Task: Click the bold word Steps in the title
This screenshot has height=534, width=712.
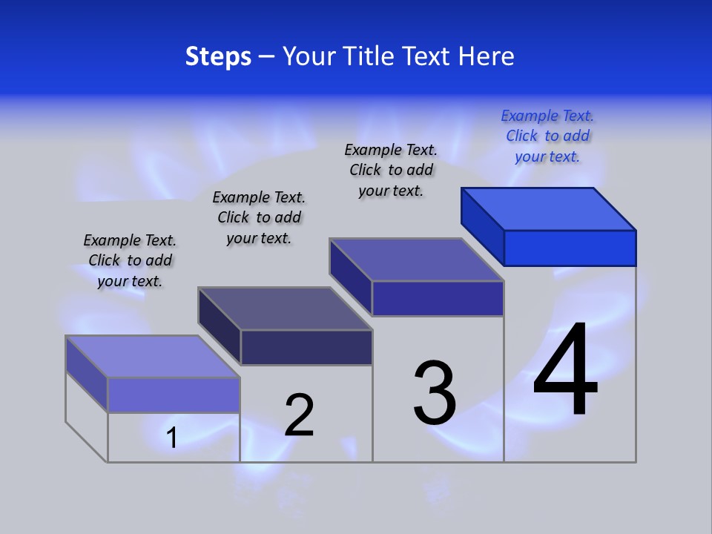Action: coord(217,56)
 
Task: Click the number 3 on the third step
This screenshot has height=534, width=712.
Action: coord(435,392)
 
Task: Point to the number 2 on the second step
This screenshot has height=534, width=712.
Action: coord(300,415)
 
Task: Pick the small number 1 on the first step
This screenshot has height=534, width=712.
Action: coord(172,438)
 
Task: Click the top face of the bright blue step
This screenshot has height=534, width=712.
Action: coord(549,209)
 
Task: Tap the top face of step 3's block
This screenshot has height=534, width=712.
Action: coord(417,260)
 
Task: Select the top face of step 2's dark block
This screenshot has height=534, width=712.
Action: coord(285,309)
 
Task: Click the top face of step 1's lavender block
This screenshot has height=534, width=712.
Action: coord(153,357)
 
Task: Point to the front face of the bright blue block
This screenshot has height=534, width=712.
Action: coord(570,248)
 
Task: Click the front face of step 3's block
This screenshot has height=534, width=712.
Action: coord(438,298)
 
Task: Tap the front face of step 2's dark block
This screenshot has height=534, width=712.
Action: coord(306,347)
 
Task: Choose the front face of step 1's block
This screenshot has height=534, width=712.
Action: coord(174,395)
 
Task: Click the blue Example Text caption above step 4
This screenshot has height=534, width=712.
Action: coord(547,136)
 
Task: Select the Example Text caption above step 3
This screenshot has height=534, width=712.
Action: coord(391,170)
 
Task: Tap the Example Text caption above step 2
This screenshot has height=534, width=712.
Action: coord(259,217)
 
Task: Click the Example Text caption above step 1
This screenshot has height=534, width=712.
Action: coord(130,260)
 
